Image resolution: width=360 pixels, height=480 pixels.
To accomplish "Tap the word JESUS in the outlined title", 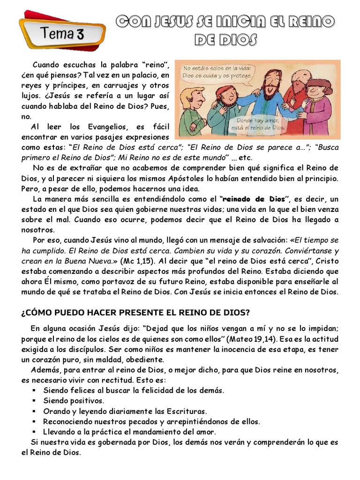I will coord(162,22).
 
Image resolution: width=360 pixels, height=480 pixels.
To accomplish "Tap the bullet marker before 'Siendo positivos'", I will coord(35,401).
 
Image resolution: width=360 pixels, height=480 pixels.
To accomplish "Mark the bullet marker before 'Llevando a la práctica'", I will coord(35,432).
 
